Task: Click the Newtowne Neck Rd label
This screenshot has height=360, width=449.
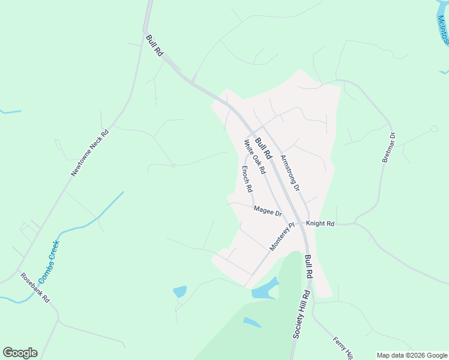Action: [x=90, y=153]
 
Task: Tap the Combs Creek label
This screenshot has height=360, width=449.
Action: [x=49, y=262]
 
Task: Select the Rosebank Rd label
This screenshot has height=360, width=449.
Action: [x=35, y=288]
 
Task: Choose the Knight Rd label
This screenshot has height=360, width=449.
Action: [x=320, y=223]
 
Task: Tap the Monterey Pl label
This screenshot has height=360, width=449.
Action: [x=283, y=237]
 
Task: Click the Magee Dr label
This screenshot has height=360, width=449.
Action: [x=268, y=211]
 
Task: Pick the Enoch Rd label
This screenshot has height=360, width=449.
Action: [x=247, y=179]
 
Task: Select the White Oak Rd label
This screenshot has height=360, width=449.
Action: [x=255, y=157]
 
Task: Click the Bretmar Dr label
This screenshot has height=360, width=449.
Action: [x=389, y=148]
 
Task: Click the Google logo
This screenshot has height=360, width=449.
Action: [x=20, y=353]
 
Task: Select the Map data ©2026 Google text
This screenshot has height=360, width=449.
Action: [x=412, y=355]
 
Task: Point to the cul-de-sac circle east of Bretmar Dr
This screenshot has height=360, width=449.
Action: [x=433, y=128]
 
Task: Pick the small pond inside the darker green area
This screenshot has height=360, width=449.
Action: [x=252, y=322]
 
